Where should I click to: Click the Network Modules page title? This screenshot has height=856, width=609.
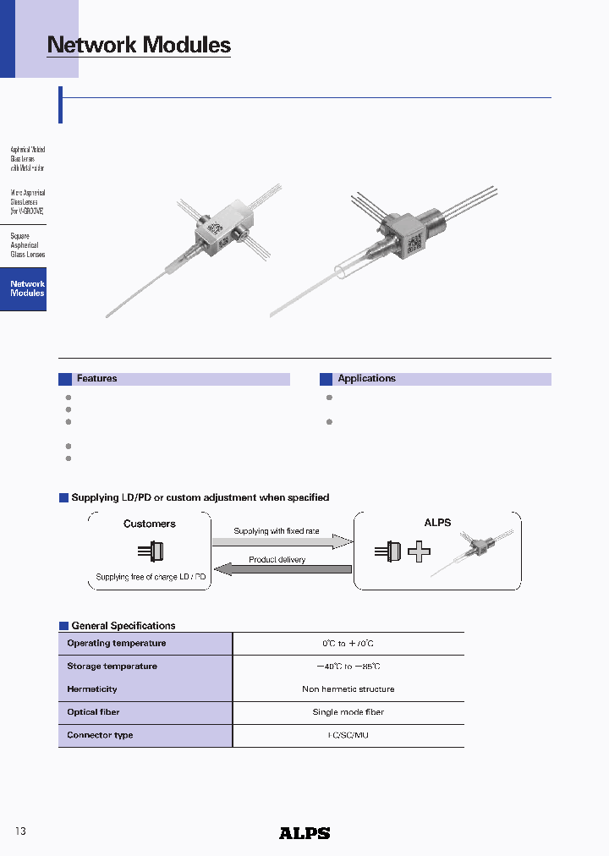click(x=139, y=45)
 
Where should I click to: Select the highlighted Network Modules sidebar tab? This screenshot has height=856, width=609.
click(x=27, y=289)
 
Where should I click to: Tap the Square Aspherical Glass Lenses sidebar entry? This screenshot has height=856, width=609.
click(x=27, y=245)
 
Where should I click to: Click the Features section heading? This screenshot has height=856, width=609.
click(x=96, y=379)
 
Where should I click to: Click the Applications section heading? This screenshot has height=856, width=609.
click(x=366, y=379)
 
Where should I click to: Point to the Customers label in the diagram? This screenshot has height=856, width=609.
click(x=150, y=524)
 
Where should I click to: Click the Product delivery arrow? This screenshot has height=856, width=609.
click(x=279, y=568)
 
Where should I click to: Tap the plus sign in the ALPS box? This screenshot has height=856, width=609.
click(x=419, y=552)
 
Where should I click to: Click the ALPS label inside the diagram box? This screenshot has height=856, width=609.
click(x=437, y=523)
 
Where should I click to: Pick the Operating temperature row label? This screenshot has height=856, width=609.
click(x=116, y=644)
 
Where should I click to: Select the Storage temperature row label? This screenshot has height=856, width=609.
click(x=112, y=667)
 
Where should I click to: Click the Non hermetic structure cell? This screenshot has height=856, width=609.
click(x=348, y=689)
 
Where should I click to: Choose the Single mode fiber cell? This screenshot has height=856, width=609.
click(x=348, y=712)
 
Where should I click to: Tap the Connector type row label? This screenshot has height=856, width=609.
click(x=100, y=736)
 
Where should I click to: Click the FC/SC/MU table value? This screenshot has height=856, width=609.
click(x=348, y=736)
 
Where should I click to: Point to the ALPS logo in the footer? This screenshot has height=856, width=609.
click(x=304, y=833)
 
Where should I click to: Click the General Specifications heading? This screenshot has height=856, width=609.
click(x=123, y=626)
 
